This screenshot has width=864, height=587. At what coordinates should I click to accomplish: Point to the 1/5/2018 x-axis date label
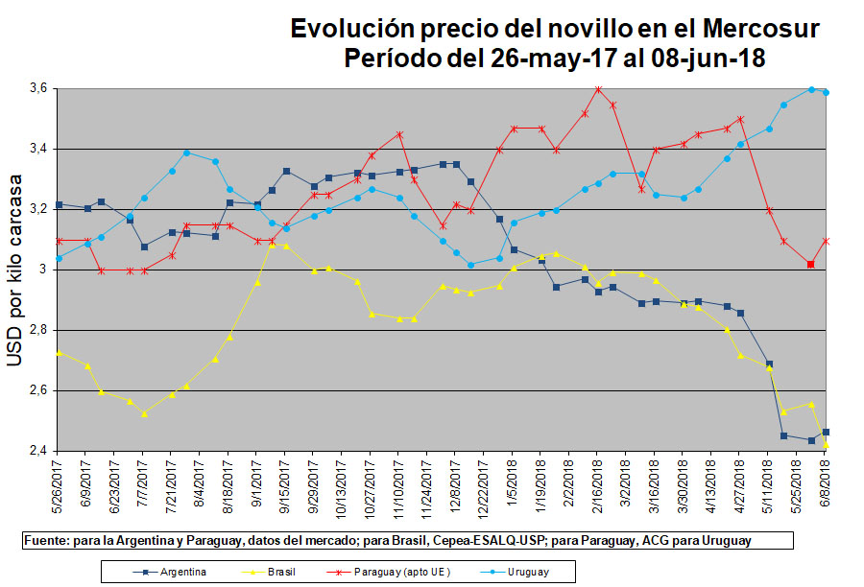point(514,483)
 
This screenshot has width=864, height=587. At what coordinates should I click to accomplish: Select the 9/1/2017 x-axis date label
point(257,483)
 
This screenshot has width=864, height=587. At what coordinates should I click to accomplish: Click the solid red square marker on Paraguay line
point(811,264)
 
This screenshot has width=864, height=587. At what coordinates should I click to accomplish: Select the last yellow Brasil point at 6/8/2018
point(827,444)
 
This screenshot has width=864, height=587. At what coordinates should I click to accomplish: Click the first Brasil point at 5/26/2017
point(59,353)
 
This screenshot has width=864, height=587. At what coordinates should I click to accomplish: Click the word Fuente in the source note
point(45,541)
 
